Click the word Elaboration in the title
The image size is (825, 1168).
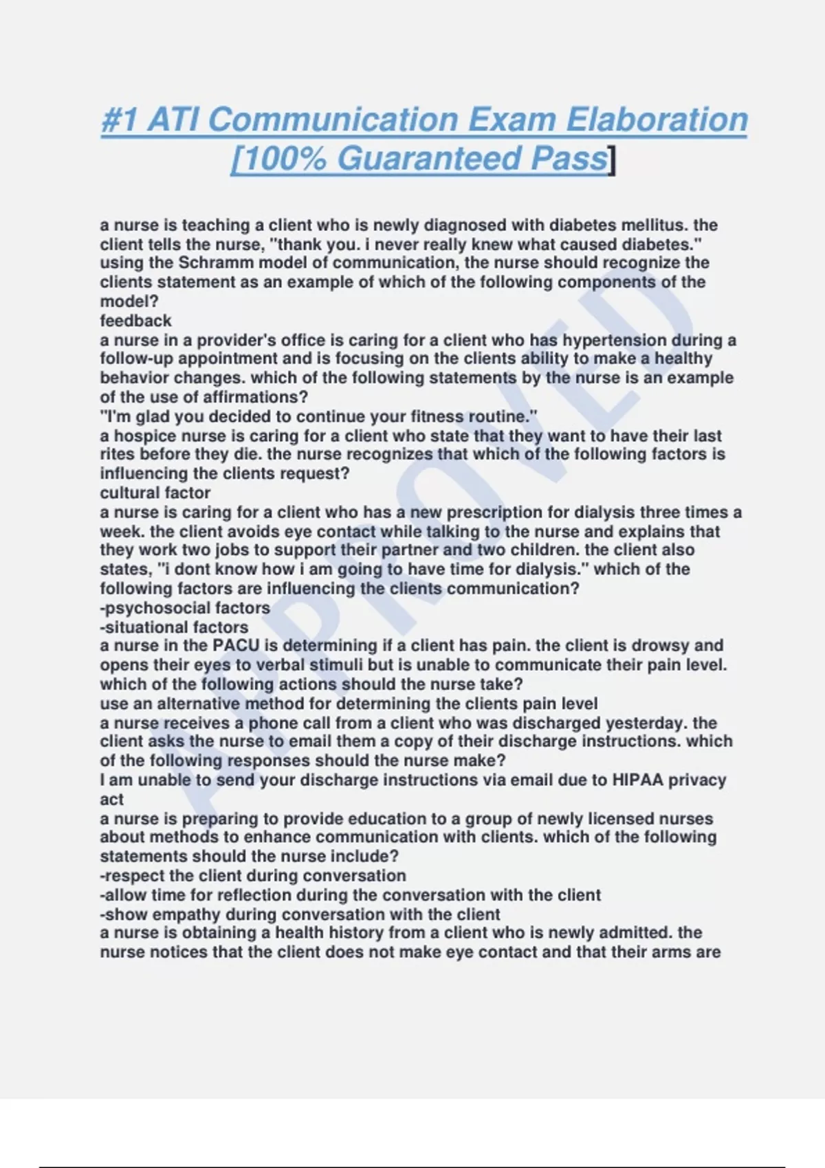657,120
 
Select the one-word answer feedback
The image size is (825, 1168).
135,321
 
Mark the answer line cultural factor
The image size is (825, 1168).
155,493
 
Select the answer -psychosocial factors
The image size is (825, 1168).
185,608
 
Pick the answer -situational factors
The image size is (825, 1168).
174,627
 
